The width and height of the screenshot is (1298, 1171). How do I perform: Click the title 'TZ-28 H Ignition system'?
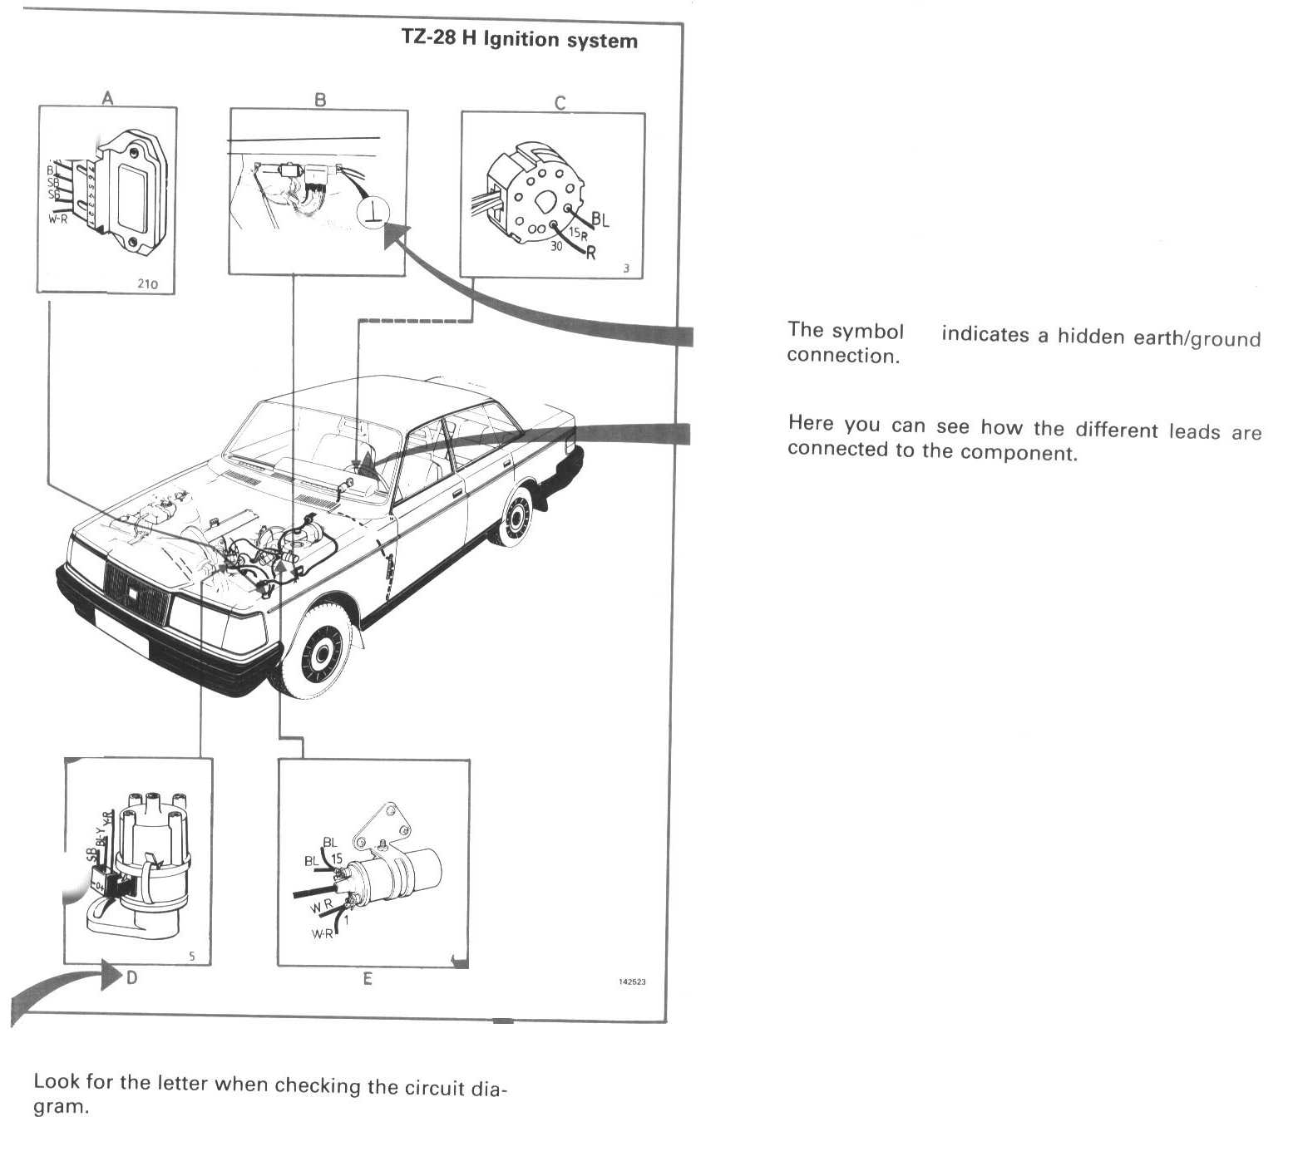[x=520, y=40]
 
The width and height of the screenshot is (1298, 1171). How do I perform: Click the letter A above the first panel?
[x=107, y=98]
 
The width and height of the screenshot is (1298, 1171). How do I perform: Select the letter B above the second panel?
[x=320, y=100]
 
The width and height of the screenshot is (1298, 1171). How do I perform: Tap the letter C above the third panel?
[x=560, y=103]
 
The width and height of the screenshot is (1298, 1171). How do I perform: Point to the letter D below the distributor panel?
[x=131, y=977]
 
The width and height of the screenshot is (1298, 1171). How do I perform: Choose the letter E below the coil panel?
[x=368, y=979]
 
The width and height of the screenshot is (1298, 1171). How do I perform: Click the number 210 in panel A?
[x=147, y=283]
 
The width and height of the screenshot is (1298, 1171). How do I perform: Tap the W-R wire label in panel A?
[x=58, y=219]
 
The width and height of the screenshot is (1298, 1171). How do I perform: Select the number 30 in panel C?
[x=556, y=246]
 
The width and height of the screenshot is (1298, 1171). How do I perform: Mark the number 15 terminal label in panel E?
[x=337, y=859]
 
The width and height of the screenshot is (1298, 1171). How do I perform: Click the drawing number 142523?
[x=632, y=982]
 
